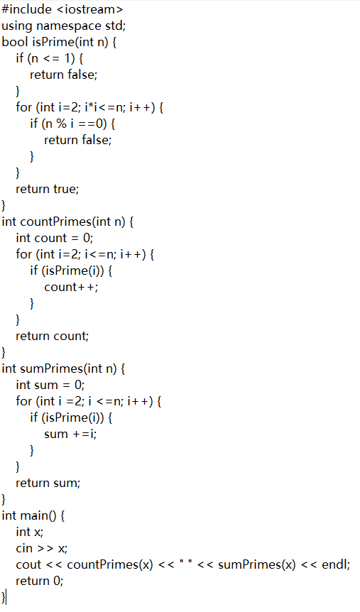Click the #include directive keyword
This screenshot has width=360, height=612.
click(26, 9)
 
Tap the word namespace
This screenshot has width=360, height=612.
click(69, 26)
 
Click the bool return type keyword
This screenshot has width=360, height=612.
click(15, 42)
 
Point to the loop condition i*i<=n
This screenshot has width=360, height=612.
click(105, 107)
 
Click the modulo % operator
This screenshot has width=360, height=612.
click(61, 124)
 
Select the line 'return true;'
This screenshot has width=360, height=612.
click(48, 190)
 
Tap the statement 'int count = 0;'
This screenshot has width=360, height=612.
click(54, 238)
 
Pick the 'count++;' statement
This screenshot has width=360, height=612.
click(71, 288)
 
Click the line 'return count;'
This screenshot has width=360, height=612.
click(53, 336)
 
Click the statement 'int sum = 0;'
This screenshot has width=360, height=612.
click(50, 386)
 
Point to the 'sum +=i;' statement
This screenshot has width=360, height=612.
click(70, 434)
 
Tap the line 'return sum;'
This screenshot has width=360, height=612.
click(48, 483)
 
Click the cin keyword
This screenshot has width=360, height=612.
click(24, 548)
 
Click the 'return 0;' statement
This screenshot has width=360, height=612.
click(40, 581)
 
